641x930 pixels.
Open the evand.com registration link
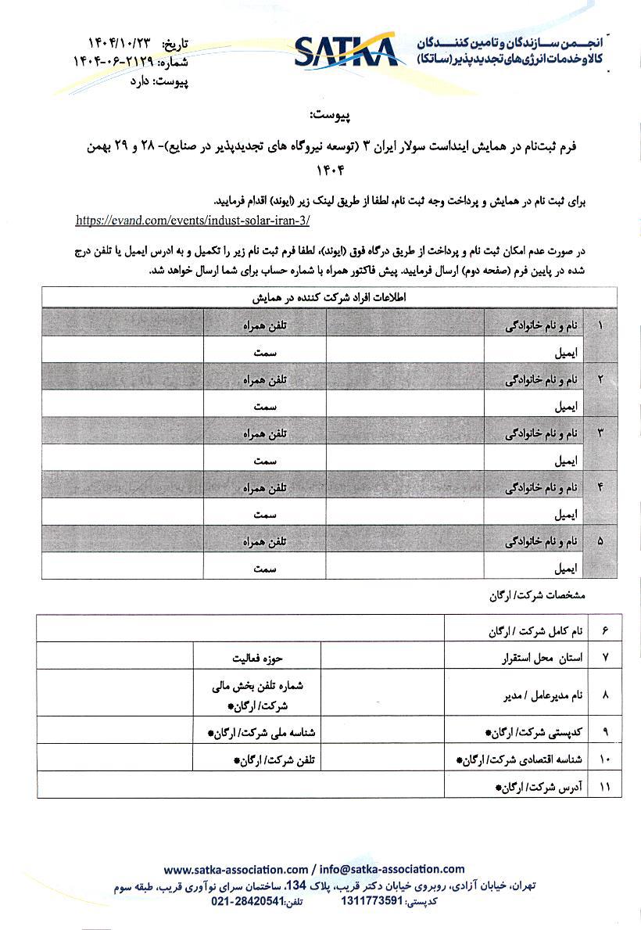click(x=193, y=221)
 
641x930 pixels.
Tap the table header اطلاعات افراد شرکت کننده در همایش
click(x=329, y=298)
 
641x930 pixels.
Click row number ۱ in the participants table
click(x=600, y=323)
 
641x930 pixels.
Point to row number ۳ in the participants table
click(x=600, y=431)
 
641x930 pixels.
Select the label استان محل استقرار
click(x=543, y=657)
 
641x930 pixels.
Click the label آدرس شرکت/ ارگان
click(x=539, y=785)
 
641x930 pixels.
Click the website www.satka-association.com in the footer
click(x=236, y=869)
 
